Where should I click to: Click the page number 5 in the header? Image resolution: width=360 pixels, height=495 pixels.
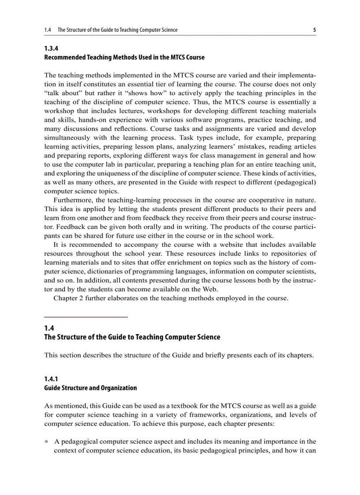point(314,30)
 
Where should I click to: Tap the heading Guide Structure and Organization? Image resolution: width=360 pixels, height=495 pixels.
point(90,388)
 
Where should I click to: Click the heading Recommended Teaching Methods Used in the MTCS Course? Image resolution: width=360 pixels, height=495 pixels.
point(124,58)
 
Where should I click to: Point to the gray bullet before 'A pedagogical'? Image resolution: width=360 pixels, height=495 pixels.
point(47,441)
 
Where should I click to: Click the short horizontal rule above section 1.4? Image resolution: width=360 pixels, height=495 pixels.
point(86,317)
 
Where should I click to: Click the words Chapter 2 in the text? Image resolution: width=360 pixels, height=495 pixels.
point(68,298)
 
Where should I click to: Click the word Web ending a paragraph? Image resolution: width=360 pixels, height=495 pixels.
point(211,289)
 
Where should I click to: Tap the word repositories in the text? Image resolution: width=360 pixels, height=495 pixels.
point(290,253)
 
